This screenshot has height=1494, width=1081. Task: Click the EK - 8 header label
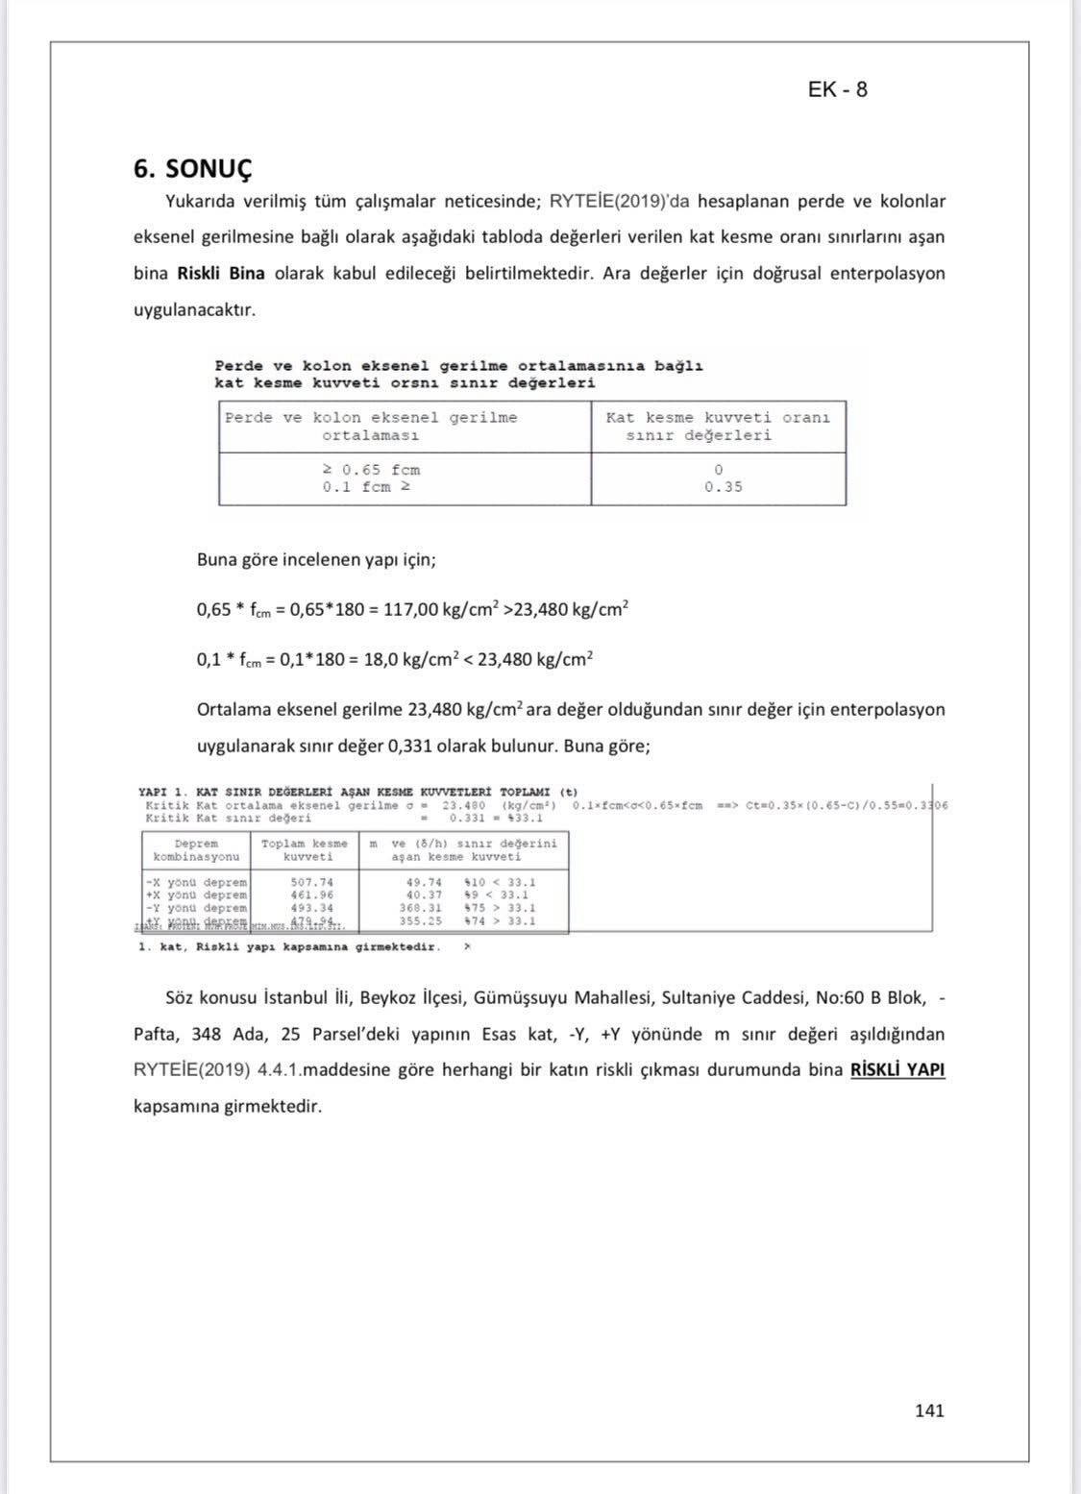tap(838, 89)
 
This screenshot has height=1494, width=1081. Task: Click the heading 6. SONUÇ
tap(192, 169)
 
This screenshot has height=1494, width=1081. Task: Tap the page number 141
tap(929, 1410)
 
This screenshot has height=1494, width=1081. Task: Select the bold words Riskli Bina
tap(221, 273)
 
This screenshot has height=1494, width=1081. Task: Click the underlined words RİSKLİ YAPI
tap(897, 1069)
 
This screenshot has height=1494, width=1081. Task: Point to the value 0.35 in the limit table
tap(723, 487)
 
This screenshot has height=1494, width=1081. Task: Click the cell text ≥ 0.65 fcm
tap(371, 470)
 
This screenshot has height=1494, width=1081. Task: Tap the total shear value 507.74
tap(312, 882)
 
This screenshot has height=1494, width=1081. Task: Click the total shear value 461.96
tap(312, 894)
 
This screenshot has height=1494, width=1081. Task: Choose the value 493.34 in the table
tap(312, 908)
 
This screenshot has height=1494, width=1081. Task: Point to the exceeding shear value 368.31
tap(421, 908)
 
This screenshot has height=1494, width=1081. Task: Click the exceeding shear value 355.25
tap(421, 920)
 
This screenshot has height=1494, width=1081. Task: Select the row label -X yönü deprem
tap(196, 882)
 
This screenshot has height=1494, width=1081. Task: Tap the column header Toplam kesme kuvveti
tap(305, 850)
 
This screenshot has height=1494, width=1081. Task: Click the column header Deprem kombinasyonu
tap(196, 850)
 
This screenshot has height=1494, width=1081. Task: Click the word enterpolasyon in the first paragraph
tap(887, 273)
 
